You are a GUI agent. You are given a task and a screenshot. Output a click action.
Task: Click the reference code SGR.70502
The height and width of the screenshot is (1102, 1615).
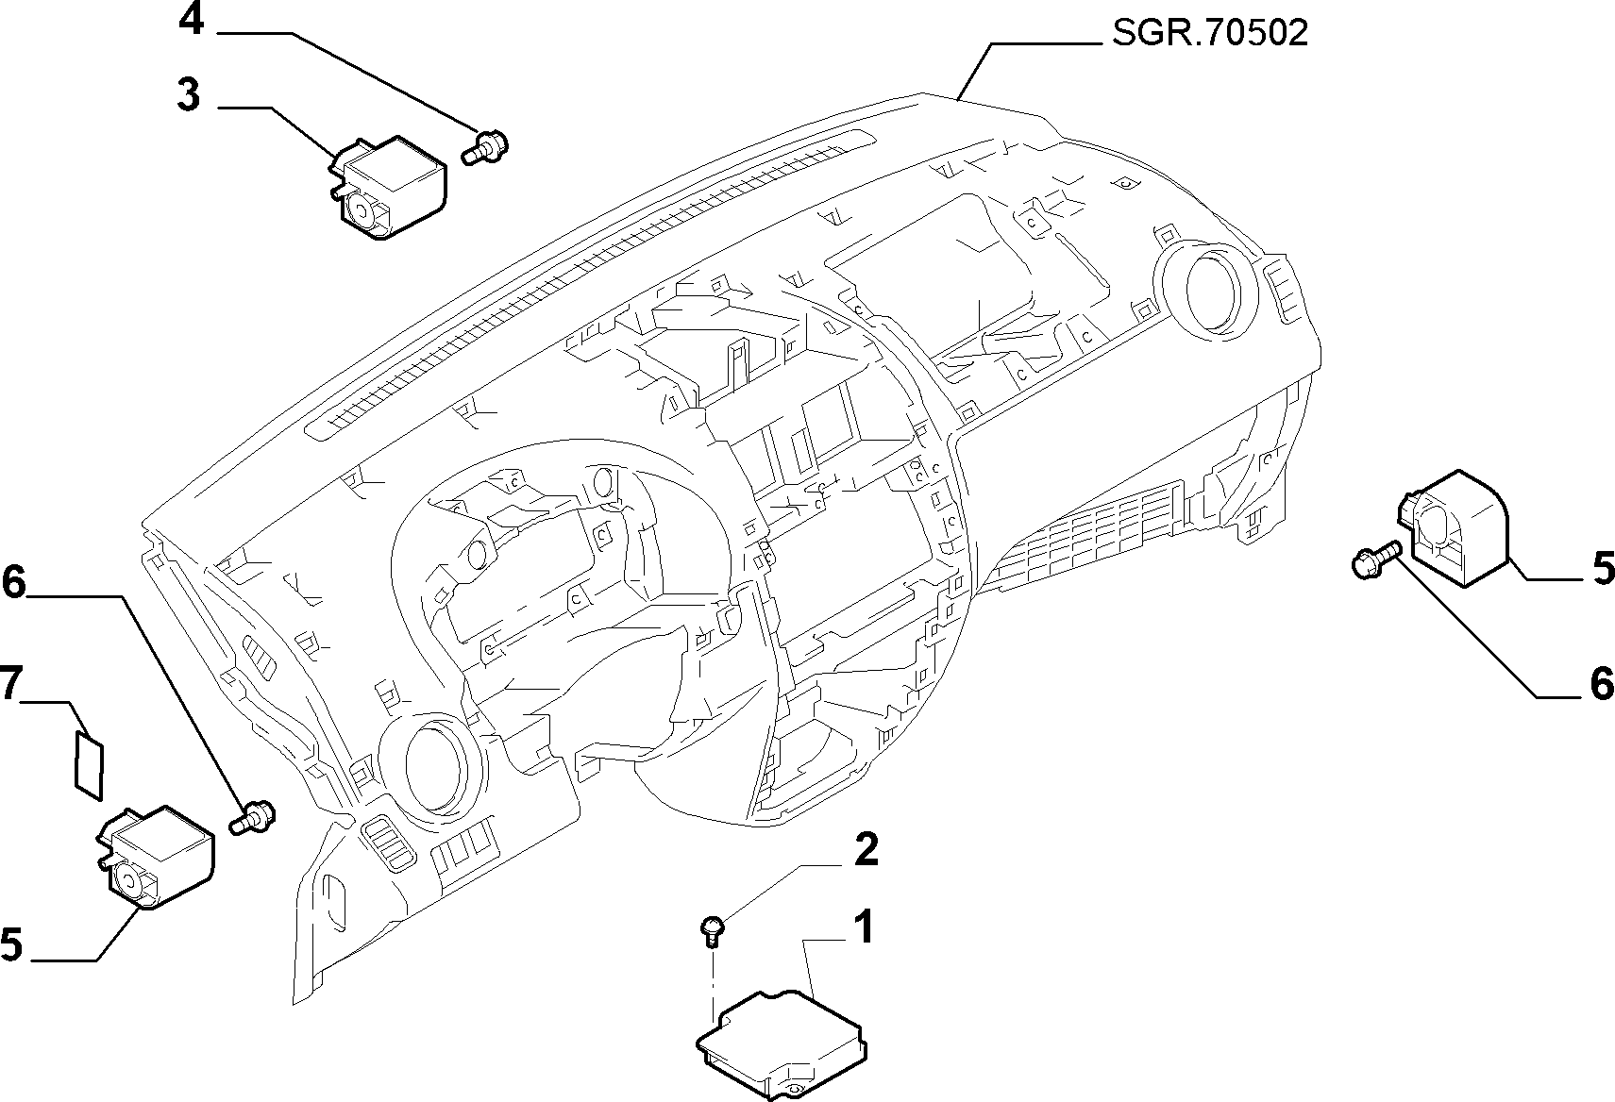tap(1210, 33)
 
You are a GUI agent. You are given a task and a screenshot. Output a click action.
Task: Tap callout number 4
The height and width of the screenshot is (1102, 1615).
tap(192, 21)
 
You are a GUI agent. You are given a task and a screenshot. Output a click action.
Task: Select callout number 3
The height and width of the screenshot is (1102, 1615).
tap(188, 95)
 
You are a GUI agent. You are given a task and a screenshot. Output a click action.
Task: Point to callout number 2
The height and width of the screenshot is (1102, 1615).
tap(866, 849)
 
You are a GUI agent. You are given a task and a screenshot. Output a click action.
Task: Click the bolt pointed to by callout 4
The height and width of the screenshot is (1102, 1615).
tap(484, 146)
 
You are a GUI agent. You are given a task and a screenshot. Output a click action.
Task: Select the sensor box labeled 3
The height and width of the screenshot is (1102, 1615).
tap(387, 188)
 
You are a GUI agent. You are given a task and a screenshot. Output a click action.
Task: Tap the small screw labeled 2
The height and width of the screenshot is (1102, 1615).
tap(713, 929)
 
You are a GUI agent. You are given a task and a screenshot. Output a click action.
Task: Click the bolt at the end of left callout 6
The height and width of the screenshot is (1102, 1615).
tap(253, 817)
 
